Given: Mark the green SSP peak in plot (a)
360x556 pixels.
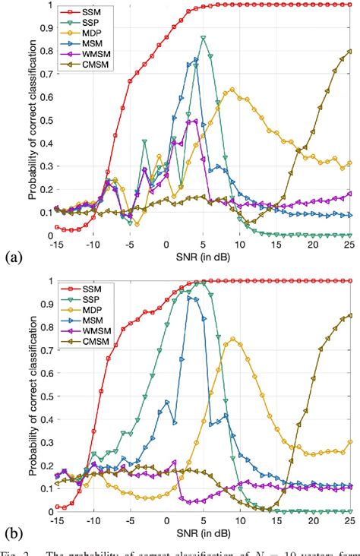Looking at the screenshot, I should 203,37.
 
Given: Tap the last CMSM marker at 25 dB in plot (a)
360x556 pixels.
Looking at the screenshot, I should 349,51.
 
